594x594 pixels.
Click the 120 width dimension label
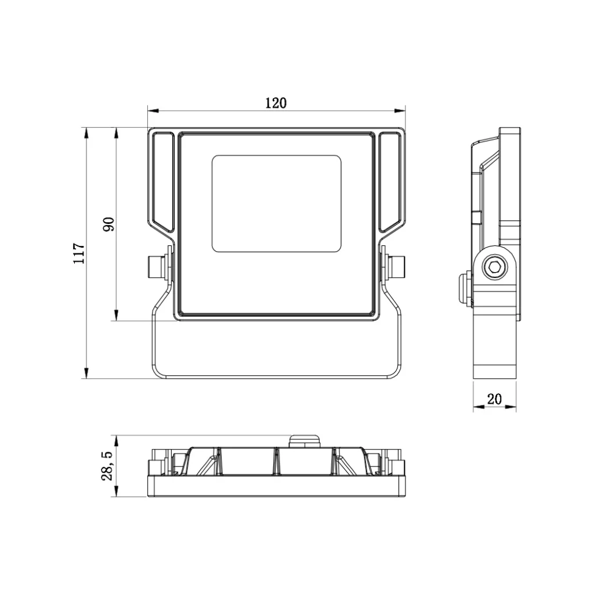[x=276, y=103]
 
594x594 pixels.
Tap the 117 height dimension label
[x=79, y=253]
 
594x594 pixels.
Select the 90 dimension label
[x=108, y=224]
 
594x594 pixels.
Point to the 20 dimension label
[x=494, y=399]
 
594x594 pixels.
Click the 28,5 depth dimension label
[x=107, y=466]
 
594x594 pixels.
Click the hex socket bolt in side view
[x=494, y=267]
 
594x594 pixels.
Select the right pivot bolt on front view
[x=394, y=266]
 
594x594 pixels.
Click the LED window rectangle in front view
[x=277, y=204]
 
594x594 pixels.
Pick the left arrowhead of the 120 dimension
[x=153, y=111]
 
